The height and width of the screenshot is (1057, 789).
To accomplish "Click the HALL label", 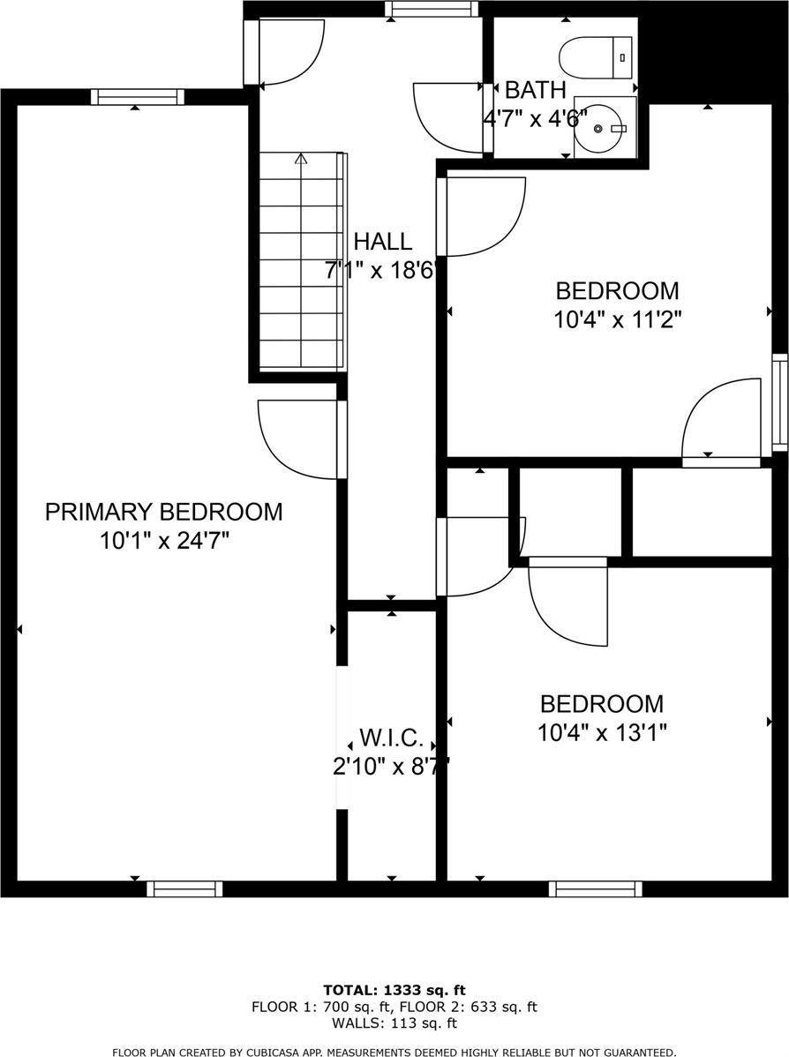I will pos(382,241).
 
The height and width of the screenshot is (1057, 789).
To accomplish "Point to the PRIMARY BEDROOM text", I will pos(164,512).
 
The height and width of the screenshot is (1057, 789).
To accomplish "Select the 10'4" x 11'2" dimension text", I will pos(617,318).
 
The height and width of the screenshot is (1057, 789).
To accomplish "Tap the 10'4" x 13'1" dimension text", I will pos(602,732).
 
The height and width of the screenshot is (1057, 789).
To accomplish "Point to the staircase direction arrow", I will pos(301,160).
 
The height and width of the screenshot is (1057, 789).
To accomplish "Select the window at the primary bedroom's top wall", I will pos(138,96).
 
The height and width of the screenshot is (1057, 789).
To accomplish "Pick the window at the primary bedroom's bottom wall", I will pos(184,888).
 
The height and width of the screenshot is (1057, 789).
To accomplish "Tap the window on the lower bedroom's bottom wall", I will pos(595,888).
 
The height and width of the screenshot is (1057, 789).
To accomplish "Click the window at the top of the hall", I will pos(431,9).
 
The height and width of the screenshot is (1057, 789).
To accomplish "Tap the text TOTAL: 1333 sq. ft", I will pos(394,989).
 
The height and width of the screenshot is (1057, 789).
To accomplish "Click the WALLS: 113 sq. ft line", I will pos(394,1023).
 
